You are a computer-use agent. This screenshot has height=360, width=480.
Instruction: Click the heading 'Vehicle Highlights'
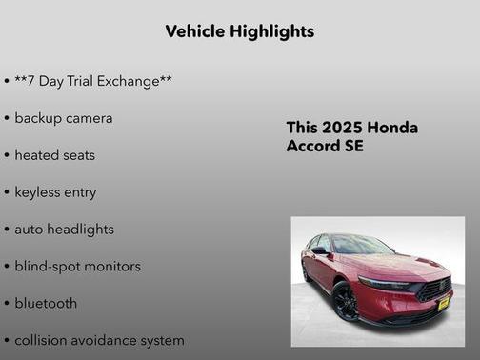[x=239, y=31]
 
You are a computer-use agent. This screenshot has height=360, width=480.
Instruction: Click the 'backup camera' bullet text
[x=63, y=118]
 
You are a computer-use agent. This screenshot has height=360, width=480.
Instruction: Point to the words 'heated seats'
[x=54, y=155]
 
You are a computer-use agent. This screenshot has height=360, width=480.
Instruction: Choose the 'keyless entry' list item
[x=55, y=192]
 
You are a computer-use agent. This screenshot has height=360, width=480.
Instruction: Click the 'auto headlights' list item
[x=64, y=230]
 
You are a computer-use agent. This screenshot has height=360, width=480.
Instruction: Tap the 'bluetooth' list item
[x=46, y=304]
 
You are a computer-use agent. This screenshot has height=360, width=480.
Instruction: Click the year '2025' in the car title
[x=342, y=129]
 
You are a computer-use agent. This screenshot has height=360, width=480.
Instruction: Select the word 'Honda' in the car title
[x=392, y=129]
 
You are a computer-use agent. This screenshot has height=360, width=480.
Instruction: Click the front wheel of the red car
[x=345, y=302]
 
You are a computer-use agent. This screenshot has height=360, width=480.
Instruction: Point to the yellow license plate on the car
[x=443, y=305]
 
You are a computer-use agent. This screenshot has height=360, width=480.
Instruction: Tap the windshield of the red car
[x=361, y=246]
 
